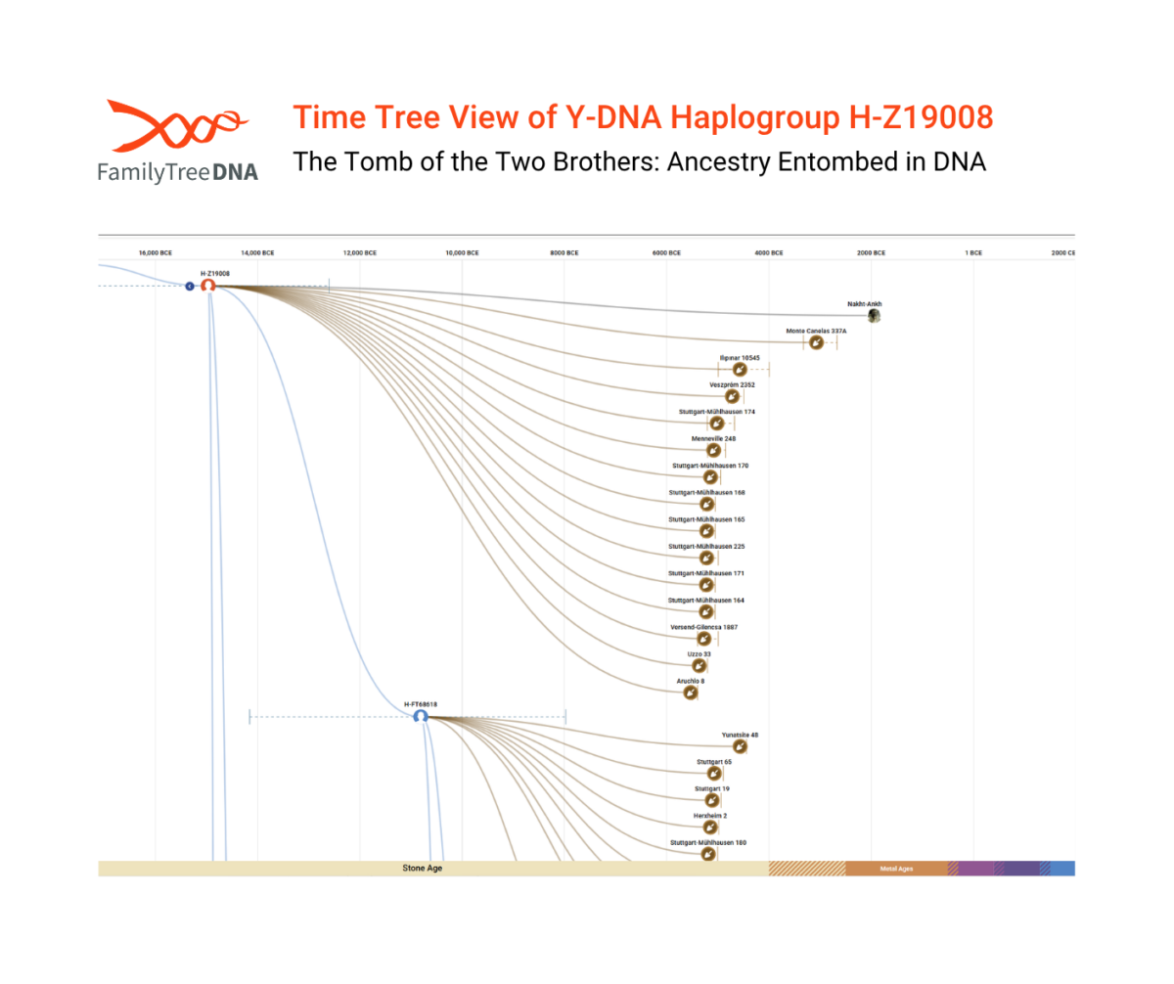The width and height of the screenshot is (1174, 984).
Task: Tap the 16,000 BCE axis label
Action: click(156, 252)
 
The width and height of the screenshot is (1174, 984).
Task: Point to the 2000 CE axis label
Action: click(1063, 252)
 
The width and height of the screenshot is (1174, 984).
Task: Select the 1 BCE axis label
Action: click(973, 252)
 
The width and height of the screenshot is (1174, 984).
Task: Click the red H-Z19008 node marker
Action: click(207, 286)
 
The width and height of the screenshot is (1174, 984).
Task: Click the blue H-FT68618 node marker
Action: click(421, 717)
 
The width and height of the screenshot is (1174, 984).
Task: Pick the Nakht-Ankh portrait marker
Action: click(874, 316)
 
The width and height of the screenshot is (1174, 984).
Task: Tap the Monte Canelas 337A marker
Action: click(816, 343)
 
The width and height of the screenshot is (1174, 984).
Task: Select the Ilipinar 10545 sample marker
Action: click(740, 371)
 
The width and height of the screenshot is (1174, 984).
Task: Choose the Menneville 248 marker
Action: click(714, 451)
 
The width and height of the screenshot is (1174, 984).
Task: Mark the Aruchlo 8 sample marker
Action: click(691, 693)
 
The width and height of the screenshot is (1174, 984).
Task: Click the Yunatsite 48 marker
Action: click(741, 746)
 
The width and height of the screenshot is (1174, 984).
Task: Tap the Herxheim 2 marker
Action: click(711, 827)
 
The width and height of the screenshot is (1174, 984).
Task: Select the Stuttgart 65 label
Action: click(713, 761)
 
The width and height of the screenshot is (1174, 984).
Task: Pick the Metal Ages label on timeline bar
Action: click(896, 868)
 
